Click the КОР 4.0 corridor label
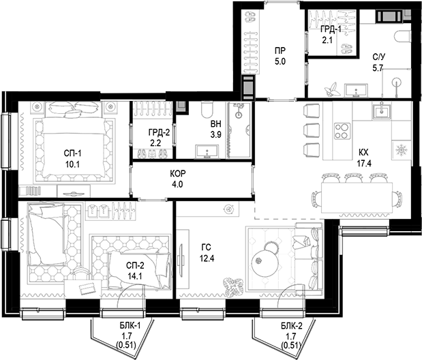[x=177, y=179]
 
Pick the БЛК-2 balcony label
[x=291, y=331]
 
